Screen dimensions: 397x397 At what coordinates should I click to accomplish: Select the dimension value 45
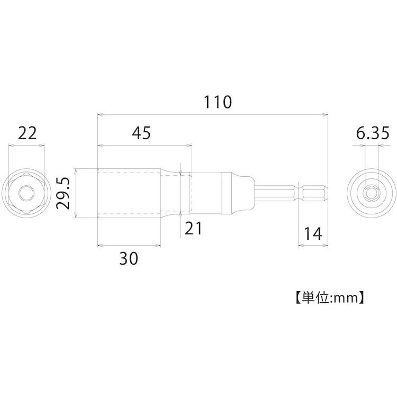(141, 133)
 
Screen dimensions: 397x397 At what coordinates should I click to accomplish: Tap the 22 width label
(27, 133)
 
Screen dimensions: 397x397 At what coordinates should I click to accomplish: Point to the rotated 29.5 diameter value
(64, 194)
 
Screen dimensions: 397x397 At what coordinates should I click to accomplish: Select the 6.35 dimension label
(373, 133)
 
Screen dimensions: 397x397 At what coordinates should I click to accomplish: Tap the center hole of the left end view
(26, 194)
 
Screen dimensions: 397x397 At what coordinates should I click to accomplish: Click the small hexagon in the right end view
(373, 194)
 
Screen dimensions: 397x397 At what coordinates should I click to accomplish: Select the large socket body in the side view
(130, 194)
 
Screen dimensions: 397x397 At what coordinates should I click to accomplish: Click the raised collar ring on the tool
(228, 194)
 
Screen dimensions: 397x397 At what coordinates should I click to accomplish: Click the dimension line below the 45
(145, 145)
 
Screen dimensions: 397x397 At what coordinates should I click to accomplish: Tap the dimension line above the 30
(129, 245)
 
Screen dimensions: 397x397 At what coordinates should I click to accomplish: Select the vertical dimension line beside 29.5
(76, 194)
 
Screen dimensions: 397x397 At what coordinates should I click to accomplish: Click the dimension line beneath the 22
(27, 145)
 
